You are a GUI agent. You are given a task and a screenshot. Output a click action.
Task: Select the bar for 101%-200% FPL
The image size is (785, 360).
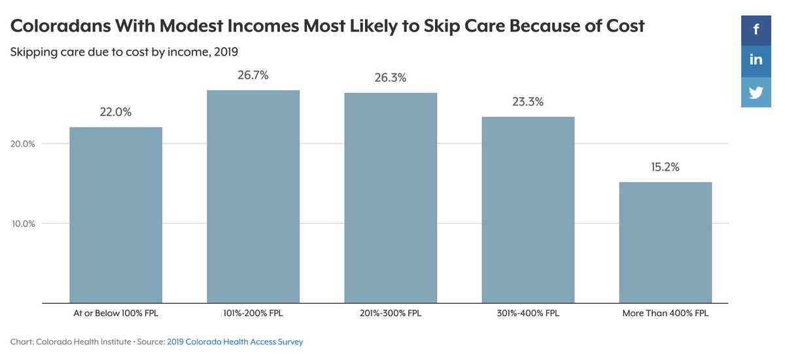pos(253,196)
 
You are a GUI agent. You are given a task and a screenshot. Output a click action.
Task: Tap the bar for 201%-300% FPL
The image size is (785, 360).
pos(391,198)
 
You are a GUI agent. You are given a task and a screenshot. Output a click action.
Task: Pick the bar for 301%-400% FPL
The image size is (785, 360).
pos(528,209)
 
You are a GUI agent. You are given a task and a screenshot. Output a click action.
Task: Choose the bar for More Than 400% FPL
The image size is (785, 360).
pos(665,242)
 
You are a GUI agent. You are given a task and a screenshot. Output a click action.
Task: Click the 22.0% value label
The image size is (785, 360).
pos(116,112)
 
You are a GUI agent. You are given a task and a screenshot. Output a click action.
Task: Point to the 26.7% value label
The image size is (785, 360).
pos(253,75)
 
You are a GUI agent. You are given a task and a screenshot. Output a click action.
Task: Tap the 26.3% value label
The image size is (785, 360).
pos(391,78)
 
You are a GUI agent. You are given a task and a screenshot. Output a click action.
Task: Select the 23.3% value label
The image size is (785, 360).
pos(528,102)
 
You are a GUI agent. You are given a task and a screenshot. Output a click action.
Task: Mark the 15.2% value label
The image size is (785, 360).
pos(665,167)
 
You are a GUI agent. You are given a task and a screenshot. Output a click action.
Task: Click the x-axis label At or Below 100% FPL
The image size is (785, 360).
pos(116,314)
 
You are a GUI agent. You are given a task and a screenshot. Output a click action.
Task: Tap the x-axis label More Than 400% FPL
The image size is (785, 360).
pos(665,314)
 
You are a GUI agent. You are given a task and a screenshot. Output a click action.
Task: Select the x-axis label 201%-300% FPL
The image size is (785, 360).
pos(391,314)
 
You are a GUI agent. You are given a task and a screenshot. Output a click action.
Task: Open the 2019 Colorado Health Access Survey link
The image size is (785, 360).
pos(235,342)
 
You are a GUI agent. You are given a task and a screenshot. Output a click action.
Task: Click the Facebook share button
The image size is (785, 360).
pos(756,29)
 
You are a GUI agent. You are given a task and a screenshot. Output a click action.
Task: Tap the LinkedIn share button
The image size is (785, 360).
pos(756,60)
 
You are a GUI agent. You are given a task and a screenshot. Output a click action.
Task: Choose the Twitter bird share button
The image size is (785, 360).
pos(756,92)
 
